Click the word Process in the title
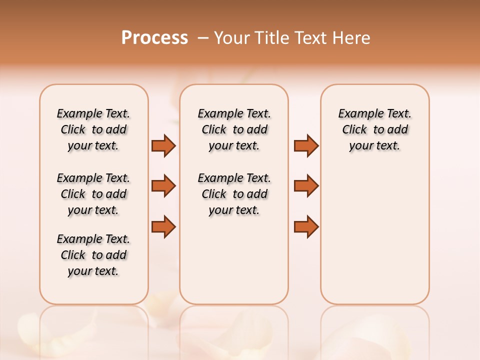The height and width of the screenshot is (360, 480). coord(154,37)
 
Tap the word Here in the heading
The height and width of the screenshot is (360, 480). coord(352,38)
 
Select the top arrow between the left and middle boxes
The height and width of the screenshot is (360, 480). coord(163,145)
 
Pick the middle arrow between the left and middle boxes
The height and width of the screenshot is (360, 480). coord(163,186)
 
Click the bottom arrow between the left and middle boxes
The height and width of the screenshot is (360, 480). coord(163,226)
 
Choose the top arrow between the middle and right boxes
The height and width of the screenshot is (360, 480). coord(306,145)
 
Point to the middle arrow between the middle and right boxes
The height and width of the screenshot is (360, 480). coord(306,186)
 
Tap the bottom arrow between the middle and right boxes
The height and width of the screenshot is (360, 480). coord(306,226)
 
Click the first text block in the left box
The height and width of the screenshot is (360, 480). coord(93,129)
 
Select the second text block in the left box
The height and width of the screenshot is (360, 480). coord(93,194)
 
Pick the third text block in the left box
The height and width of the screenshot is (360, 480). coord(93,255)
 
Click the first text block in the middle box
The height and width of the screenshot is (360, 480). coord(234,129)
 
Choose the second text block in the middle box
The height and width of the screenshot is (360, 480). coord(234,194)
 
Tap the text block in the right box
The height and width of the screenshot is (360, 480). coord(375,129)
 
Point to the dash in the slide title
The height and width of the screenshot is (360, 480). coord(203,38)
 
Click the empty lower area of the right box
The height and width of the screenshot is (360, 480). coord(375,240)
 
